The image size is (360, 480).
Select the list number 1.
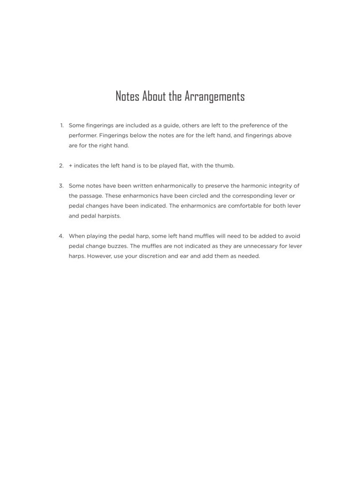click(61, 126)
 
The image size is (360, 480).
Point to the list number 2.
click(61, 165)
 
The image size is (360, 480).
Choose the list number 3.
click(61, 186)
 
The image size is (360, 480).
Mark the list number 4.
click(61, 236)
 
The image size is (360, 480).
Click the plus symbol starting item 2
click(71, 165)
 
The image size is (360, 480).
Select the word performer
click(83, 135)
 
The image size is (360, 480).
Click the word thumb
click(224, 165)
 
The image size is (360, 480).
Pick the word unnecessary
click(252, 246)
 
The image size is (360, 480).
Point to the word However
click(98, 256)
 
